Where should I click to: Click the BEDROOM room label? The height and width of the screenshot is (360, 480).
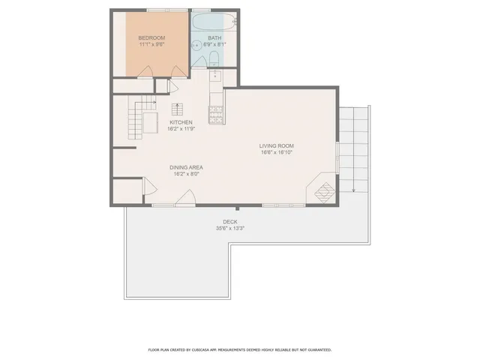151,37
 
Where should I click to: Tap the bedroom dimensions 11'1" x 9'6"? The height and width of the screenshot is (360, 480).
151,44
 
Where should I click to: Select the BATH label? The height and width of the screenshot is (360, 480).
214,37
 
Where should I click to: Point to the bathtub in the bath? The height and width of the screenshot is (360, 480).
214,22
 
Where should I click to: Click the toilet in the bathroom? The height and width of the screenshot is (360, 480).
213,59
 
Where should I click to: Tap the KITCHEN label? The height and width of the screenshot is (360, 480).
181,122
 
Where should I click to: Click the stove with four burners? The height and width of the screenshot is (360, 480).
215,114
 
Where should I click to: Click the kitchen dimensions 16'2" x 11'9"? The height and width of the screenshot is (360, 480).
181,129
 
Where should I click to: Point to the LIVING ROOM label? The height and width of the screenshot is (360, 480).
275,145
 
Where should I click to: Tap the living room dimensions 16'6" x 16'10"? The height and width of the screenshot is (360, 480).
275,152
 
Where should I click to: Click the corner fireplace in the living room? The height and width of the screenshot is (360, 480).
323,190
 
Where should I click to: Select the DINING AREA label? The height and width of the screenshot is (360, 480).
186,167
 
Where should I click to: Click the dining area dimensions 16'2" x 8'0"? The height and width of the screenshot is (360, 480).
186,174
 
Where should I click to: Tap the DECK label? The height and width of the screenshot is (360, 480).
230,222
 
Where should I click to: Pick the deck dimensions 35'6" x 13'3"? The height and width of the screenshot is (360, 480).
230,229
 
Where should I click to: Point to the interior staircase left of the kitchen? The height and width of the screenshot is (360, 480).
136,121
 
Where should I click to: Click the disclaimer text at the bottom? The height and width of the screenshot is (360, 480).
240,349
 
